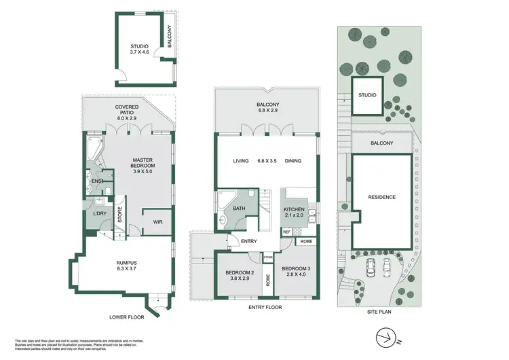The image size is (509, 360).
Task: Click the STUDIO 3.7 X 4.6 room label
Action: click(x=139, y=50)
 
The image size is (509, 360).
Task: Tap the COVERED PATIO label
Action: click(x=127, y=112)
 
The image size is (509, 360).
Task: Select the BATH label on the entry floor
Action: click(x=239, y=209)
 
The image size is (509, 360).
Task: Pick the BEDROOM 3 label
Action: click(x=296, y=271)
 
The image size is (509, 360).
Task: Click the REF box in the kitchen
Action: click(x=286, y=232)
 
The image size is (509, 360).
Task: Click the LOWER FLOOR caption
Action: click(x=127, y=317)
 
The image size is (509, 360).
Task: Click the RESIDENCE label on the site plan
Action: click(x=381, y=197)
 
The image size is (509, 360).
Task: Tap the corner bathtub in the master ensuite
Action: click(x=92, y=146)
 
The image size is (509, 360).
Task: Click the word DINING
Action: click(x=293, y=161)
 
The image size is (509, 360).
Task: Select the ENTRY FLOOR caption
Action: click(x=266, y=307)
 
